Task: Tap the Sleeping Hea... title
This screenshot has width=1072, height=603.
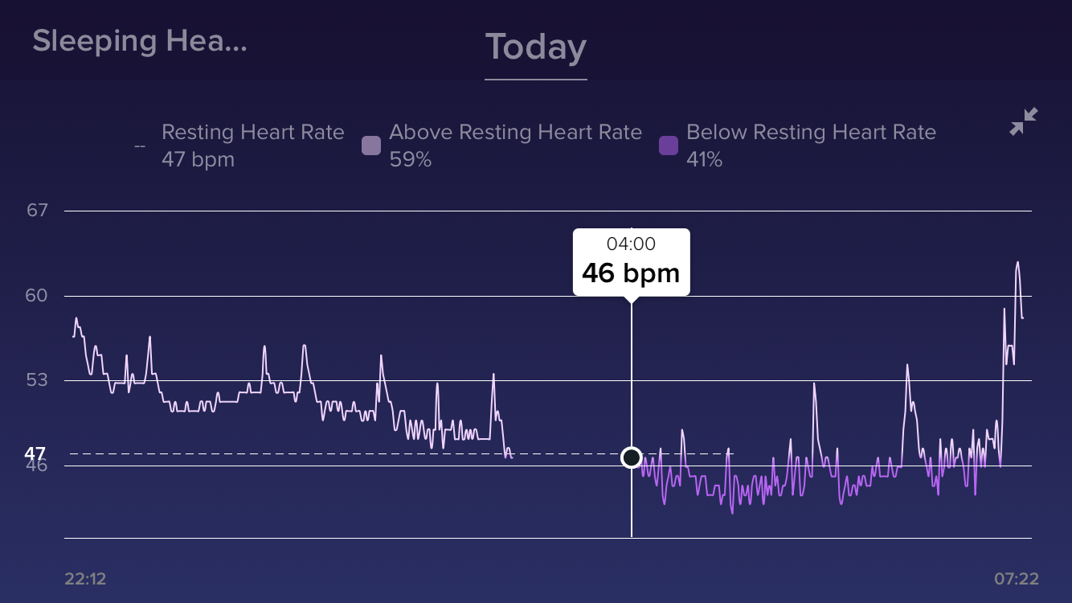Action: point(139,41)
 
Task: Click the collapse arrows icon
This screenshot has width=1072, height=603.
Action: point(1023,122)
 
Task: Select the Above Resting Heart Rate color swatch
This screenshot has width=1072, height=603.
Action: point(370,146)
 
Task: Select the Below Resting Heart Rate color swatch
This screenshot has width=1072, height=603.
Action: point(668,146)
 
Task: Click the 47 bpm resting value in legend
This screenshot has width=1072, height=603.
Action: point(198,159)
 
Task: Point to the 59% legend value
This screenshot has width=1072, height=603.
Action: point(410,159)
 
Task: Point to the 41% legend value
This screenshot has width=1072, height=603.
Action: point(704,159)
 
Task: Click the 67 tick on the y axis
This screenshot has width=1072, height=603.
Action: point(37,211)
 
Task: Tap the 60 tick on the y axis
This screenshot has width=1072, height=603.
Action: point(37,296)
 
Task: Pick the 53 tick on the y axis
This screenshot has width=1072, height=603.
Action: point(37,379)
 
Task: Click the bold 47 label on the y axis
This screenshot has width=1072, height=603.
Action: point(35,453)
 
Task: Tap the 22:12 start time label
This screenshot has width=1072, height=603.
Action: point(85,579)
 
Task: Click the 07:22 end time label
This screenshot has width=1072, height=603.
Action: point(1016,579)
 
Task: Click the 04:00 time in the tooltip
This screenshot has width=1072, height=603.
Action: point(631,244)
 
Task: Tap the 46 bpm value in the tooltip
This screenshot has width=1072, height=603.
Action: point(631,273)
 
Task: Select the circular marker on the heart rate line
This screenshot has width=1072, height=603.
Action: point(632,457)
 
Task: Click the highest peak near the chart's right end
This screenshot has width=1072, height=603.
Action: point(1017,262)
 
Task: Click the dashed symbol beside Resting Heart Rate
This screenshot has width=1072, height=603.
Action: point(140,146)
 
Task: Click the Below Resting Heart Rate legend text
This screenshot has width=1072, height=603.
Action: point(811,132)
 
